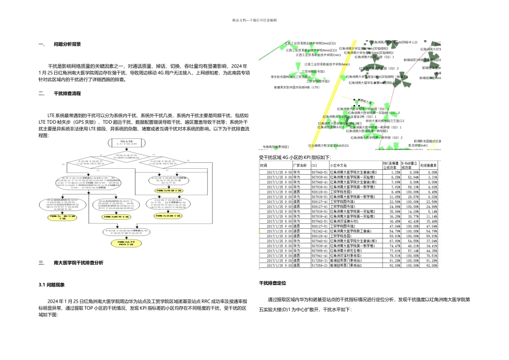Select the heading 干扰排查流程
(x=67, y=93)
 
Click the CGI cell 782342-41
(x=320, y=230)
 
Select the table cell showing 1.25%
(x=394, y=172)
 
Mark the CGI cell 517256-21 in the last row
(x=320, y=265)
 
